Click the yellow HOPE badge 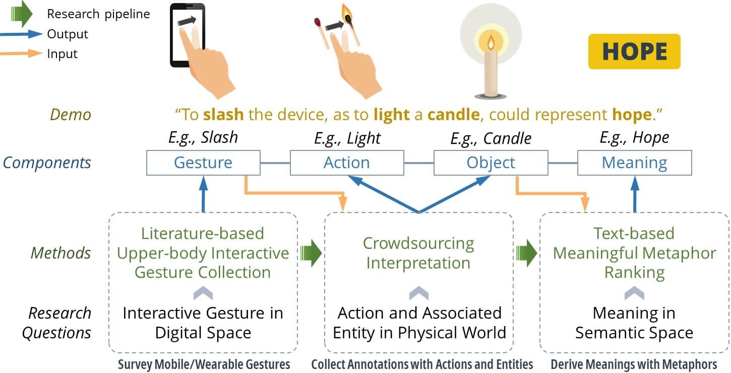[634, 51]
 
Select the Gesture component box [203, 163]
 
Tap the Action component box [347, 163]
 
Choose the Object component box [491, 163]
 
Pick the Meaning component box [634, 163]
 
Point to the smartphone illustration [187, 35]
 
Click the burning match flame [347, 12]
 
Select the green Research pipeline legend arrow [22, 14]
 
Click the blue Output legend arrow [23, 34]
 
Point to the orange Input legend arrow [23, 53]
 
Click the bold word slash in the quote [223, 115]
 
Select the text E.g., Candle [491, 138]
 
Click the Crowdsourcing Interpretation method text [418, 253]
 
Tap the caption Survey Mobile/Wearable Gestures [204, 364]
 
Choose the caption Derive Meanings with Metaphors [634, 364]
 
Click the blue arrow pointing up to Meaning [635, 194]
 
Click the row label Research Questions [59, 323]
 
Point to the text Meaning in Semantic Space [634, 323]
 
